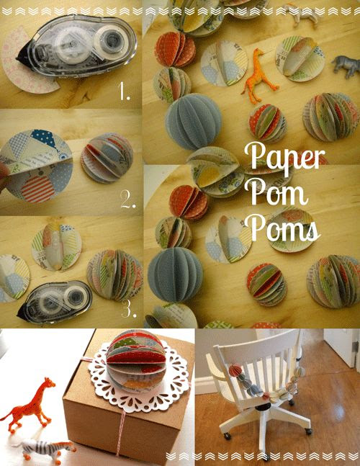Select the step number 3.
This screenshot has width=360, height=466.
click(x=129, y=309)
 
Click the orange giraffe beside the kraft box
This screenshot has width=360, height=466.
click(x=28, y=405)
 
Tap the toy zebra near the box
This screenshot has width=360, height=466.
click(x=45, y=451)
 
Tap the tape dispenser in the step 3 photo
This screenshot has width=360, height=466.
click(x=55, y=302)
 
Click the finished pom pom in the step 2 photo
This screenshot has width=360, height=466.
click(x=107, y=158)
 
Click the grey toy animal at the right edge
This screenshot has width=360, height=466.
click(x=346, y=66)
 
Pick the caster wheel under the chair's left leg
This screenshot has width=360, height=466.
click(x=228, y=436)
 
